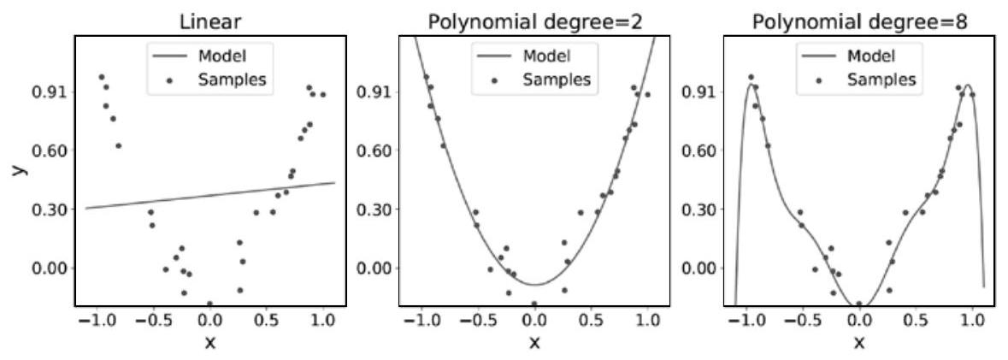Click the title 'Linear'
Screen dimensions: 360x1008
210,21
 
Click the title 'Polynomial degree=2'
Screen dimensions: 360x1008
534,21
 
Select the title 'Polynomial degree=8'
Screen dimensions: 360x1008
859,21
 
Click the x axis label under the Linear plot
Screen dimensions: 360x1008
210,343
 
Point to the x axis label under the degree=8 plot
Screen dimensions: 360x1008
859,343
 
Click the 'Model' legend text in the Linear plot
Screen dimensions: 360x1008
221,57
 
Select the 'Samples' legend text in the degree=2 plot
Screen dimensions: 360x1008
557,80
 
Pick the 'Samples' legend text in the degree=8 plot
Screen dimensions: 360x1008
881,80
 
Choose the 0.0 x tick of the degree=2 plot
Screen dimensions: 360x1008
534,320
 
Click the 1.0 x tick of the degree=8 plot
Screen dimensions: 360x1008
972,320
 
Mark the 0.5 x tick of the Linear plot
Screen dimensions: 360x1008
266,320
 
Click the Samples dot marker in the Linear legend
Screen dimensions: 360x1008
169,80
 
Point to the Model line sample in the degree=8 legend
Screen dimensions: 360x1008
819,57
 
